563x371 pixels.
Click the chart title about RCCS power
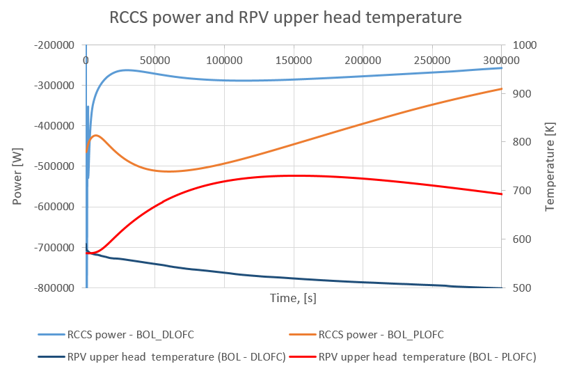285,17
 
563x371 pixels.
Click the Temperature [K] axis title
550,166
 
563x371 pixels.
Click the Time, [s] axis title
293,298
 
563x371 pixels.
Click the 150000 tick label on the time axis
293,60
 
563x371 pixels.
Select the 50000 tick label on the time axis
154,60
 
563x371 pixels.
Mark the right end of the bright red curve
501,194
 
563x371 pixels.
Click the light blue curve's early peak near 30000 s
125,70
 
